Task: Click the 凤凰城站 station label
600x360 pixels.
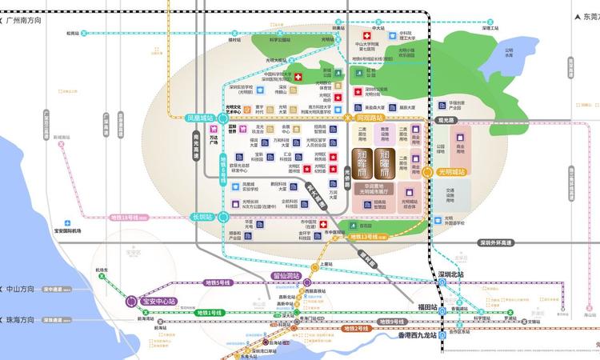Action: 200,118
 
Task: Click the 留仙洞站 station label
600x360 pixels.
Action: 285,276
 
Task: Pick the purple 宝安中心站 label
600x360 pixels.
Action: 158,302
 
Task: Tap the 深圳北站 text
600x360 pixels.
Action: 453,274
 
